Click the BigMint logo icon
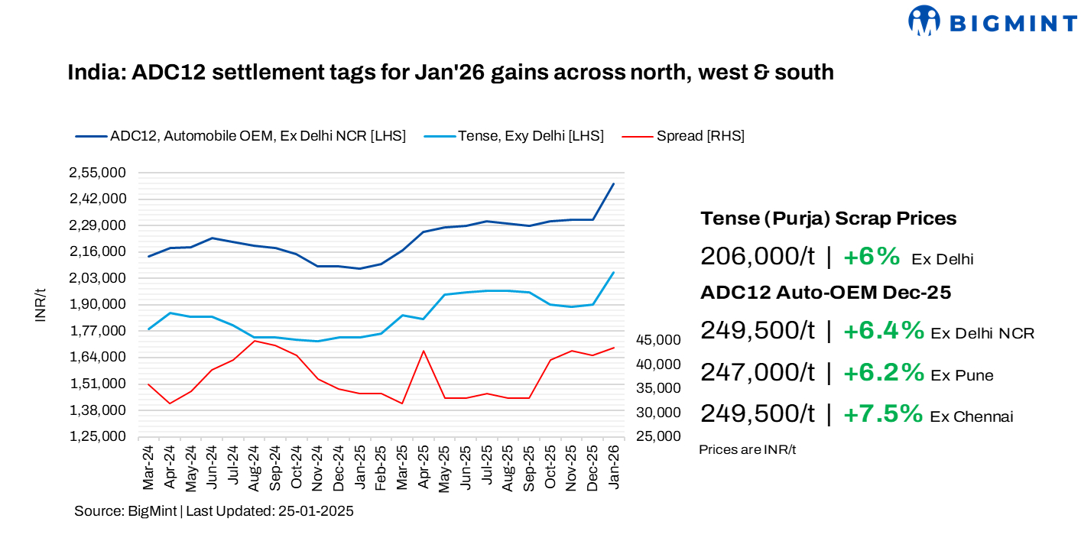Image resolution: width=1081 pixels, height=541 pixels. (924, 21)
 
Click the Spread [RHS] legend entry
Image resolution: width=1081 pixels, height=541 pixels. (700, 136)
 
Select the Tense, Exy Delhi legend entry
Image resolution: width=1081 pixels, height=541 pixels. (531, 136)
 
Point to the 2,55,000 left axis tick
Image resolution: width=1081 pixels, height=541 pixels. (98, 173)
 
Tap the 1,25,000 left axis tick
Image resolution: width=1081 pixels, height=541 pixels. (98, 436)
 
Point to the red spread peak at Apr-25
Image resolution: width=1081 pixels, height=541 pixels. (423, 351)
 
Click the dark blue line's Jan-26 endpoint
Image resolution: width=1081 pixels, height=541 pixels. (613, 184)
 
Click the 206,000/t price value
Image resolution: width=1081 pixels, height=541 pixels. (757, 257)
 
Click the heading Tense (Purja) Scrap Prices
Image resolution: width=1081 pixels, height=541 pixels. (828, 219)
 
